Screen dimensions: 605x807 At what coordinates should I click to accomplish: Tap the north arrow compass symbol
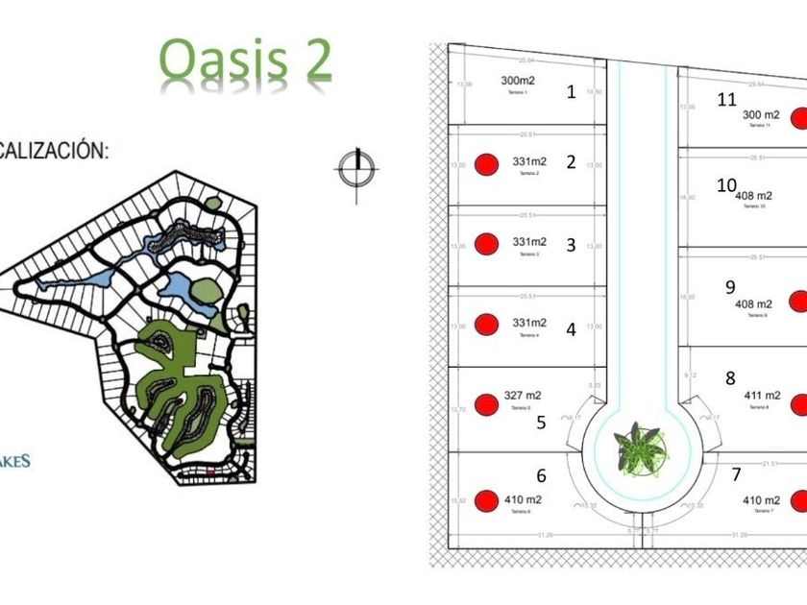(x=357, y=170)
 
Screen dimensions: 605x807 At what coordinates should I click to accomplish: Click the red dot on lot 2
(x=487, y=163)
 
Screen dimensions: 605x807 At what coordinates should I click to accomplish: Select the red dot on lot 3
(x=487, y=244)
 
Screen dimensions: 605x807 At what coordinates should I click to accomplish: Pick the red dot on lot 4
(x=487, y=325)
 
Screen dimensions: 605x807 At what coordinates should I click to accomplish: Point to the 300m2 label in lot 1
(x=517, y=81)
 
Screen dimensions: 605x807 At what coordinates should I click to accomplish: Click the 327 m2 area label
(x=523, y=395)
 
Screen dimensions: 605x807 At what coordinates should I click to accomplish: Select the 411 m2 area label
(x=763, y=395)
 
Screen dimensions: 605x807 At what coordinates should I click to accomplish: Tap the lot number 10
(x=726, y=184)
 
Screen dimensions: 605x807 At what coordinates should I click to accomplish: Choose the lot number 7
(x=736, y=473)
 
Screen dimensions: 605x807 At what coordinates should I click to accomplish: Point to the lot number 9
(x=730, y=286)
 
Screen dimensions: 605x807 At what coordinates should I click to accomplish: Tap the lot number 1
(x=572, y=92)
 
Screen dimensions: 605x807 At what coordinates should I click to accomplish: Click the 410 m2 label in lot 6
(x=523, y=499)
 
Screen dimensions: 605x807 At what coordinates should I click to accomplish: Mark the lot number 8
(x=730, y=378)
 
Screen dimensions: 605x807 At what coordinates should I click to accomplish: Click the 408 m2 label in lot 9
(x=753, y=303)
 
